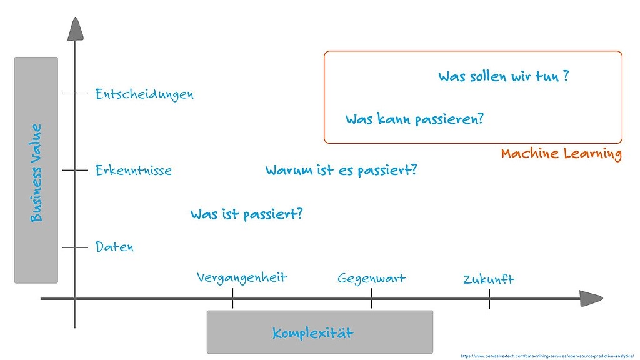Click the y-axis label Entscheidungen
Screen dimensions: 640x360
144,94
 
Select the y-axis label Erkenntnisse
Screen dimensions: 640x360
134,170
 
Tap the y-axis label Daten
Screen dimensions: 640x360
115,246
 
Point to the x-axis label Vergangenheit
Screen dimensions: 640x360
242,278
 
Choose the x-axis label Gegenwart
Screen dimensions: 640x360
371,278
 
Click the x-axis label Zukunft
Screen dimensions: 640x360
489,279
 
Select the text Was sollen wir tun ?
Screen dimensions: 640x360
504,76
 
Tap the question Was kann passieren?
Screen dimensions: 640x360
415,119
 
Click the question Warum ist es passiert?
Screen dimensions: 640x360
341,170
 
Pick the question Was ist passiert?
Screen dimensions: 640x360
246,214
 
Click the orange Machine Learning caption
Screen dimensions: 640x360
562,154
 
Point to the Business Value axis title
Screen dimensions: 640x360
36,172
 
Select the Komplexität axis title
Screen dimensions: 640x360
313,333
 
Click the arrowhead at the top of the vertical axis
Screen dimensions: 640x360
75,29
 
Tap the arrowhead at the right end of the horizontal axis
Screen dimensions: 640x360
591,299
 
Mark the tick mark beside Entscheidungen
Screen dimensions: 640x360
75,93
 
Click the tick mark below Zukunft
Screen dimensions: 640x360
489,299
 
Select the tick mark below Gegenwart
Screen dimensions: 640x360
371,298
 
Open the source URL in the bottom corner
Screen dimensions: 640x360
547,356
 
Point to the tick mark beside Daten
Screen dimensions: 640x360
75,247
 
